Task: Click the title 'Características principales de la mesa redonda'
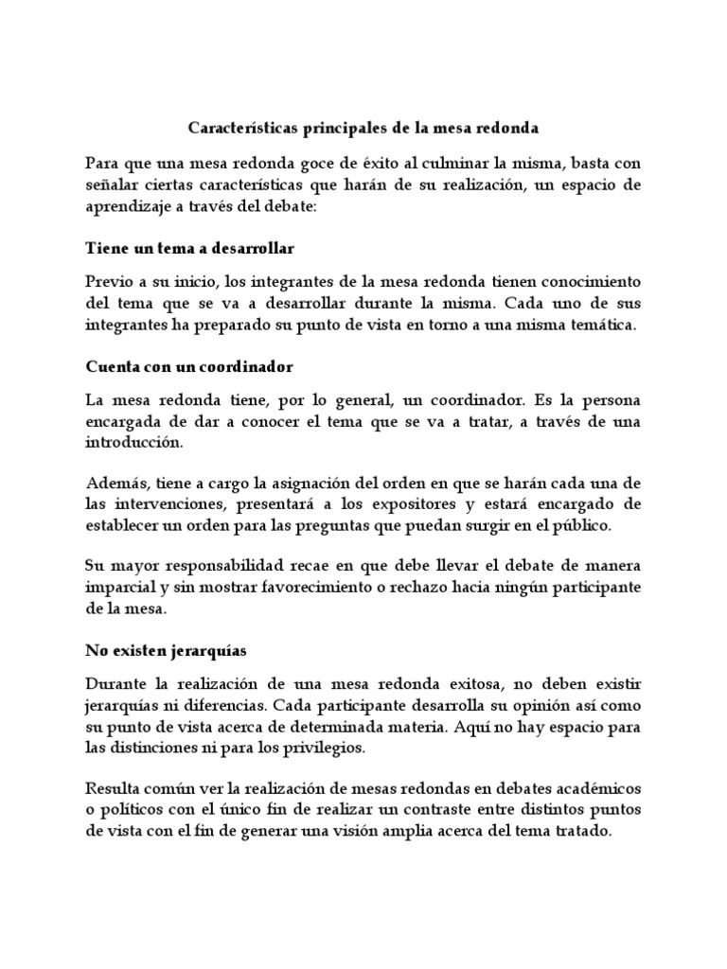click(363, 126)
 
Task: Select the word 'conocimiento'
click(591, 282)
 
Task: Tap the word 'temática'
click(604, 326)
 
